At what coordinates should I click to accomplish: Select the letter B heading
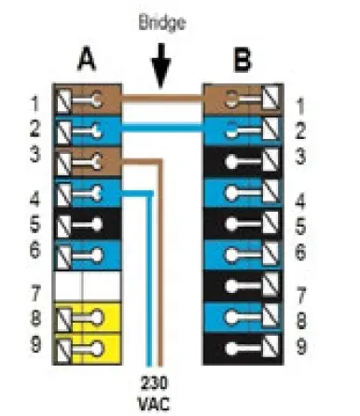(242, 61)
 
